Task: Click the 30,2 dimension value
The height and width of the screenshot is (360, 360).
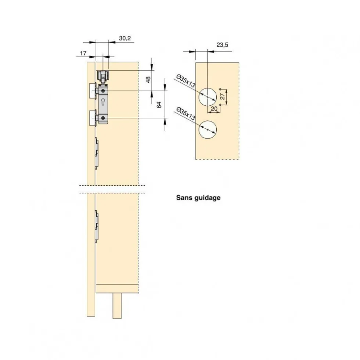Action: [125, 38]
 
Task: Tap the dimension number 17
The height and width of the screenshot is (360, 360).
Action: [83, 53]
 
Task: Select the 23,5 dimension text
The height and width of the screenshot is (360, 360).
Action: [222, 45]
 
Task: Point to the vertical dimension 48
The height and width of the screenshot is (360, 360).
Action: [148, 80]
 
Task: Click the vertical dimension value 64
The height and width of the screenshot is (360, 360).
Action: [159, 105]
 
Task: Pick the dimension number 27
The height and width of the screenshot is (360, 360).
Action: [222, 97]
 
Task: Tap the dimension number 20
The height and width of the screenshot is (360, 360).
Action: [214, 109]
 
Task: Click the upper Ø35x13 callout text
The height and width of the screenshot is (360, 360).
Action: [186, 81]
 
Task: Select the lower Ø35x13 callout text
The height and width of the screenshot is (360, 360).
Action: [186, 114]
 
